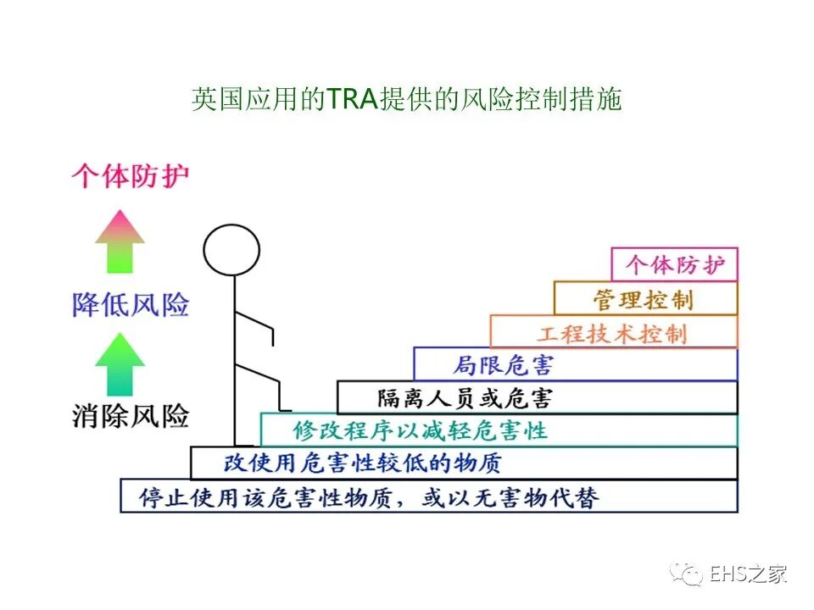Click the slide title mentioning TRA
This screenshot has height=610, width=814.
407,100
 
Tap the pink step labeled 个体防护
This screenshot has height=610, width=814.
675,264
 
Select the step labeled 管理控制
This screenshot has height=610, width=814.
646,298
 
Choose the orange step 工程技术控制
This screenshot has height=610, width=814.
613,332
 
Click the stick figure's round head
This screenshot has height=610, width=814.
231,250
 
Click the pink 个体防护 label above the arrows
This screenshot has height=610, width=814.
129,176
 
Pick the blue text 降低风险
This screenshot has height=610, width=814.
130,304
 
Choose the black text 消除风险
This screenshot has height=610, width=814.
130,416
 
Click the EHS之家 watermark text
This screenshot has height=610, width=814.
749,573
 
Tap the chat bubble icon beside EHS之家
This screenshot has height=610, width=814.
686,574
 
